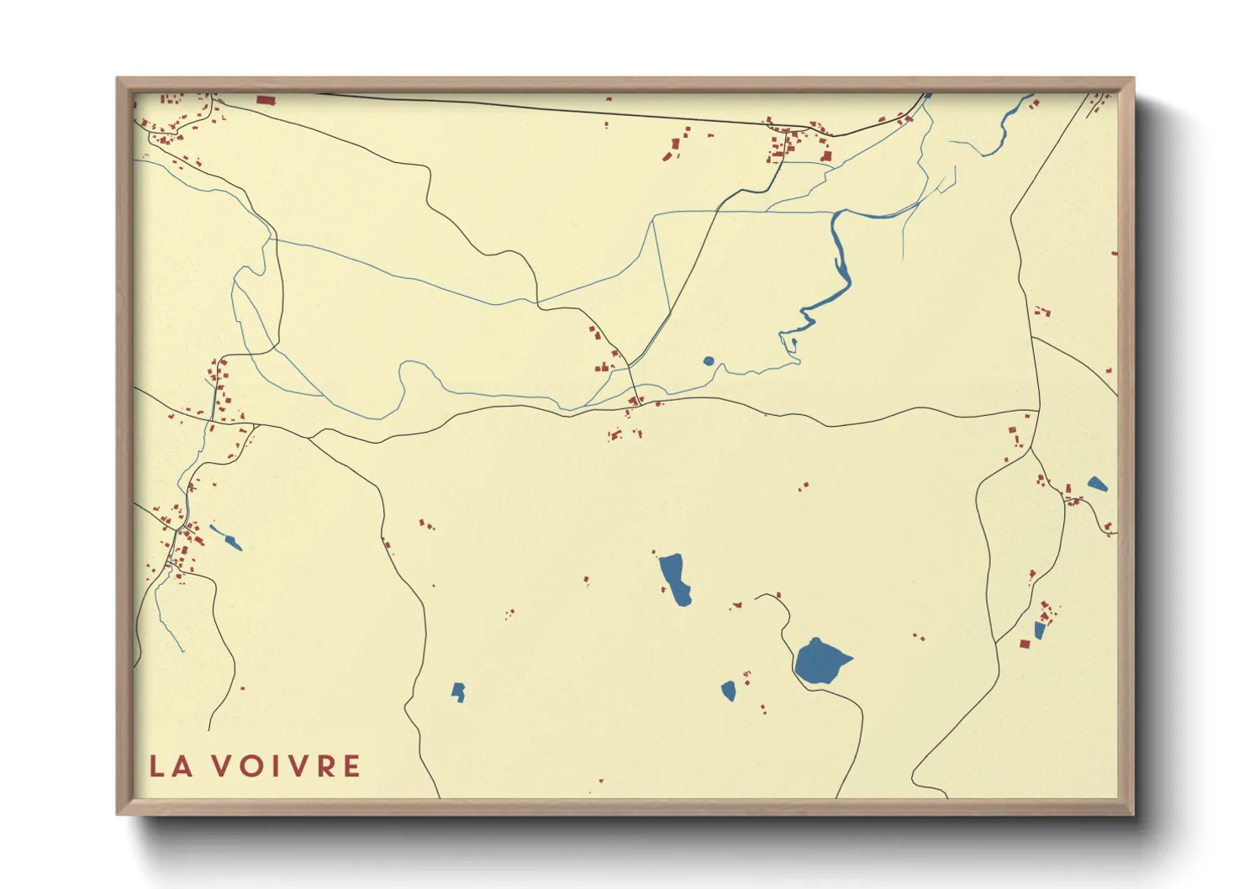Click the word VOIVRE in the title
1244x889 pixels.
point(286,766)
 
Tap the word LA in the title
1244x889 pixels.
point(171,766)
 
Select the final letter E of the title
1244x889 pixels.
point(352,766)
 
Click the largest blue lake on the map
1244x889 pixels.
point(819,662)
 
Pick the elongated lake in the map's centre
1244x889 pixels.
point(675,578)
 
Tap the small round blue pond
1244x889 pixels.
point(709,361)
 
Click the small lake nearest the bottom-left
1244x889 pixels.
point(458,692)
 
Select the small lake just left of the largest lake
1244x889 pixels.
point(729,691)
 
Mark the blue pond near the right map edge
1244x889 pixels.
point(1097,484)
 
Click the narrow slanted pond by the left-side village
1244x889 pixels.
point(226,538)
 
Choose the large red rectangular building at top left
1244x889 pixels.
point(266,101)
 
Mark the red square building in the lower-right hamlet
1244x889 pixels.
point(1025,644)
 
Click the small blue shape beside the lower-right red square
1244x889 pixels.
point(1039,630)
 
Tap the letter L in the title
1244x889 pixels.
point(157,766)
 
